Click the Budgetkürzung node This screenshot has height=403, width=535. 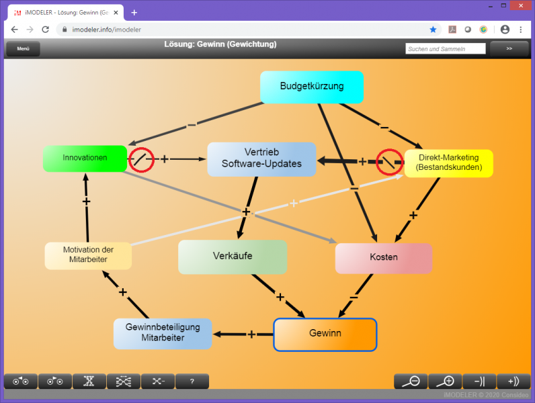(312, 87)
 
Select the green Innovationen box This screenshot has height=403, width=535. (85, 158)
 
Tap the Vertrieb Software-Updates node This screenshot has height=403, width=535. (261, 159)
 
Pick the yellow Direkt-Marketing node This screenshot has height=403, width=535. (449, 163)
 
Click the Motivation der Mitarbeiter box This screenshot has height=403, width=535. (88, 255)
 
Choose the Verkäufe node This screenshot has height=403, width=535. (233, 257)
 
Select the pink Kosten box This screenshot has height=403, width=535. (384, 258)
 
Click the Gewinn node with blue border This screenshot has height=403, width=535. (325, 334)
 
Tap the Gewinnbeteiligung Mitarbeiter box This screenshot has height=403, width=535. (163, 332)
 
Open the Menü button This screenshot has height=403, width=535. (23, 49)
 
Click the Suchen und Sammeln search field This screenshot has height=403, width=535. (446, 49)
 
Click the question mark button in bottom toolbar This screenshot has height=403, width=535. (192, 382)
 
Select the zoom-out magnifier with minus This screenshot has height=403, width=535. (411, 382)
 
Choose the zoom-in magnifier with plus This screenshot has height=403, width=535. (445, 382)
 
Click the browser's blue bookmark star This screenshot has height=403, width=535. (433, 30)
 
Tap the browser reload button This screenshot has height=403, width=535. (45, 30)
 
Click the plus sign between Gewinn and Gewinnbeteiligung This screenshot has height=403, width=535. (251, 334)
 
